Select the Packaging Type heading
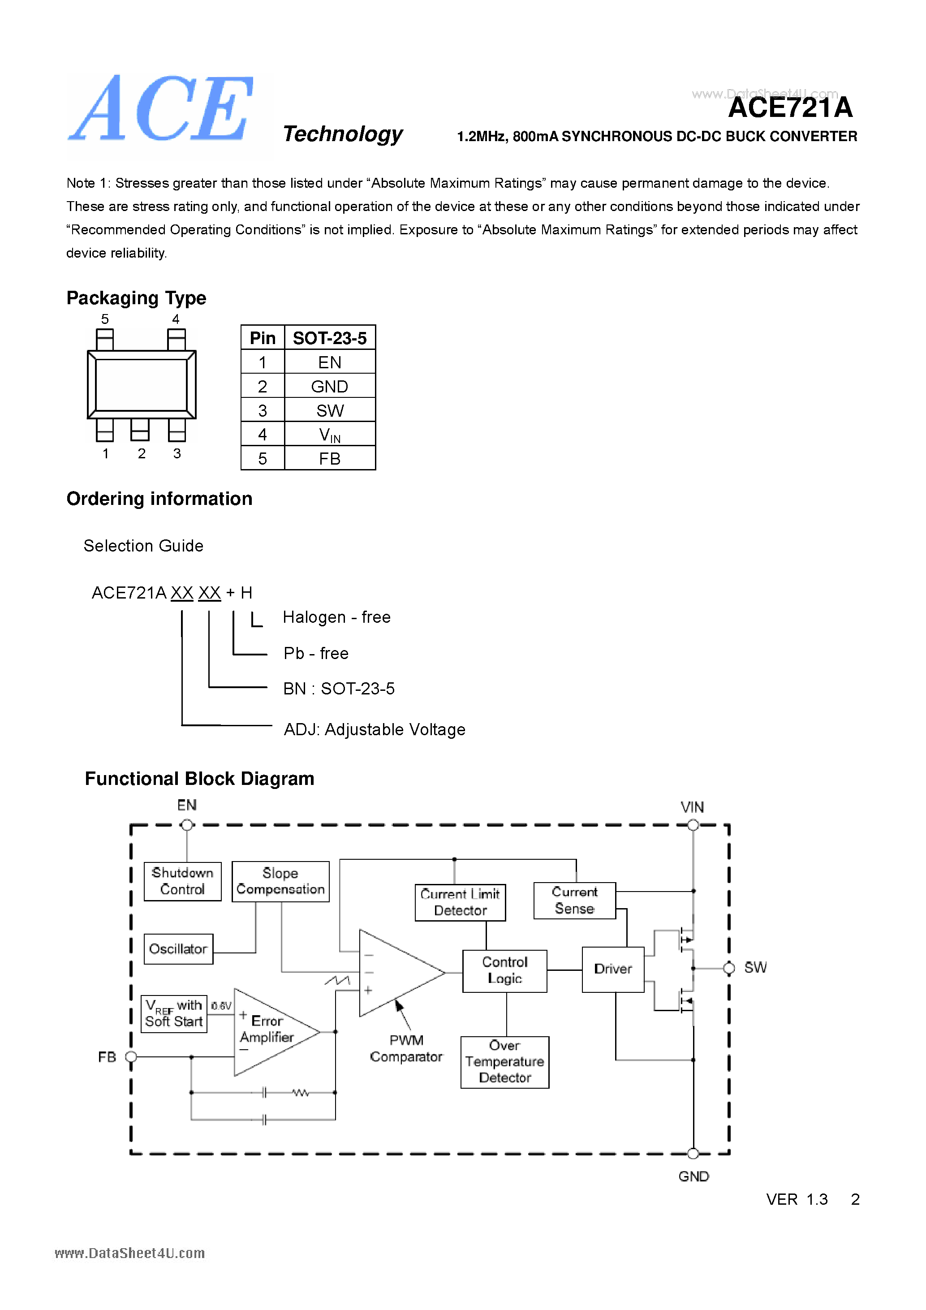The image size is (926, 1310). coord(136,298)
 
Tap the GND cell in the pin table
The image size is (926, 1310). coord(329,386)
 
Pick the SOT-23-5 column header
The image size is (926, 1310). coord(329,338)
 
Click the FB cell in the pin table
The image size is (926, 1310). coord(329,459)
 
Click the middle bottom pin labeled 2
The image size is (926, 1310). coord(140,430)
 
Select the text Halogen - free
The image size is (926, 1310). coord(336,617)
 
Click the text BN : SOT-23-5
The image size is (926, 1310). coord(338,689)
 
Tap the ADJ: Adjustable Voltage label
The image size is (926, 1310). coord(374,730)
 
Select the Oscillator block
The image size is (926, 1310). coord(178,949)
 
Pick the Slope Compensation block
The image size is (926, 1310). coord(280,881)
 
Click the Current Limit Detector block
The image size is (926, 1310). coord(460,902)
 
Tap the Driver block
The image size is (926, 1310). coord(613,969)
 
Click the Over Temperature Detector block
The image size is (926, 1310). coord(504,1062)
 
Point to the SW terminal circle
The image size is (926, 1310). coord(728,968)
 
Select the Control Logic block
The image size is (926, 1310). coord(504,970)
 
